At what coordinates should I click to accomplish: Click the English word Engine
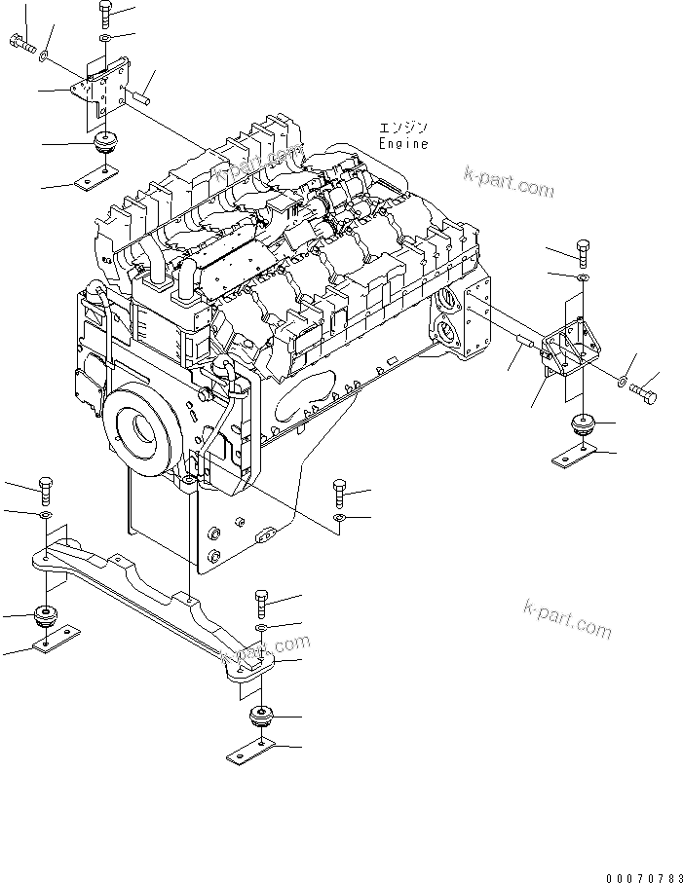point(402,143)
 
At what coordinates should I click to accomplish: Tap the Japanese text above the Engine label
point(402,128)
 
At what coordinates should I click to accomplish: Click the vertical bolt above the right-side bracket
point(582,252)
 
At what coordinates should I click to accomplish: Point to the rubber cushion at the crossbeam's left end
point(45,616)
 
